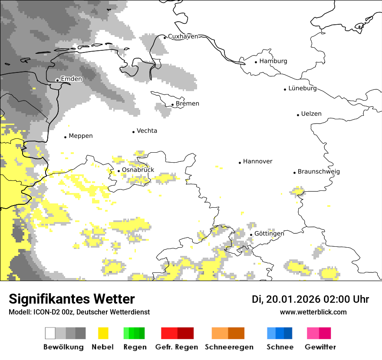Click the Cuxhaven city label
[183, 36]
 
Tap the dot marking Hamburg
[256, 62]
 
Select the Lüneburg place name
[303, 88]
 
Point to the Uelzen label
[311, 114]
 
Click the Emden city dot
[57, 80]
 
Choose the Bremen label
[188, 104]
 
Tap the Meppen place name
[81, 136]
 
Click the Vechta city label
[147, 131]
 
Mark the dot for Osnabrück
[119, 170]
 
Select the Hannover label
[257, 161]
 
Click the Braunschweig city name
[319, 172]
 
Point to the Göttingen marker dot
[251, 235]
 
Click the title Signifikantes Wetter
[72, 299]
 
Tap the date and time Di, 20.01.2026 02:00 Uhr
[310, 299]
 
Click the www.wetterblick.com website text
[313, 312]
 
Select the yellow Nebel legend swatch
[103, 333]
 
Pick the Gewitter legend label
[320, 347]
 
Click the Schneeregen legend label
[229, 347]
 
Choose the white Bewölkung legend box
[50, 333]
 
